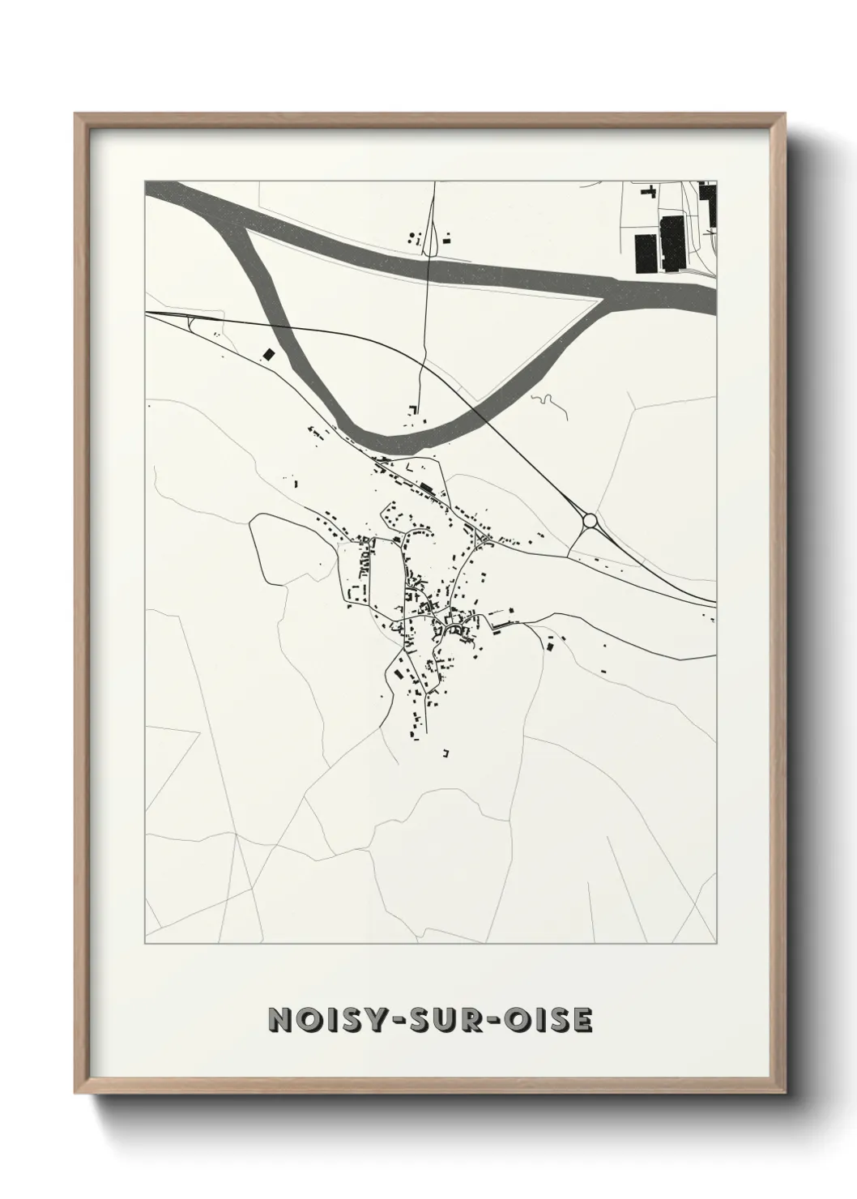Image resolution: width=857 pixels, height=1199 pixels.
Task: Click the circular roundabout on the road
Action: (x=590, y=520)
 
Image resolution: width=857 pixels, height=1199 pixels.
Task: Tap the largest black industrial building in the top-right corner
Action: (x=672, y=242)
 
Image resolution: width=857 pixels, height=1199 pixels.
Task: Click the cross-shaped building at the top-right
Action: (x=647, y=192)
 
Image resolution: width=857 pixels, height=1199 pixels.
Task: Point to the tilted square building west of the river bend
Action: (x=267, y=354)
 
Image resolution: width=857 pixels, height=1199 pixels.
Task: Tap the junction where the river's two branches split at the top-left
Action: (x=243, y=223)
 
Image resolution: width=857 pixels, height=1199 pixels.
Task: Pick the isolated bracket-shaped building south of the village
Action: (x=445, y=753)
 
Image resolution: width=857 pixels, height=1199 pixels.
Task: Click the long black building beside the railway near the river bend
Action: (x=425, y=487)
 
